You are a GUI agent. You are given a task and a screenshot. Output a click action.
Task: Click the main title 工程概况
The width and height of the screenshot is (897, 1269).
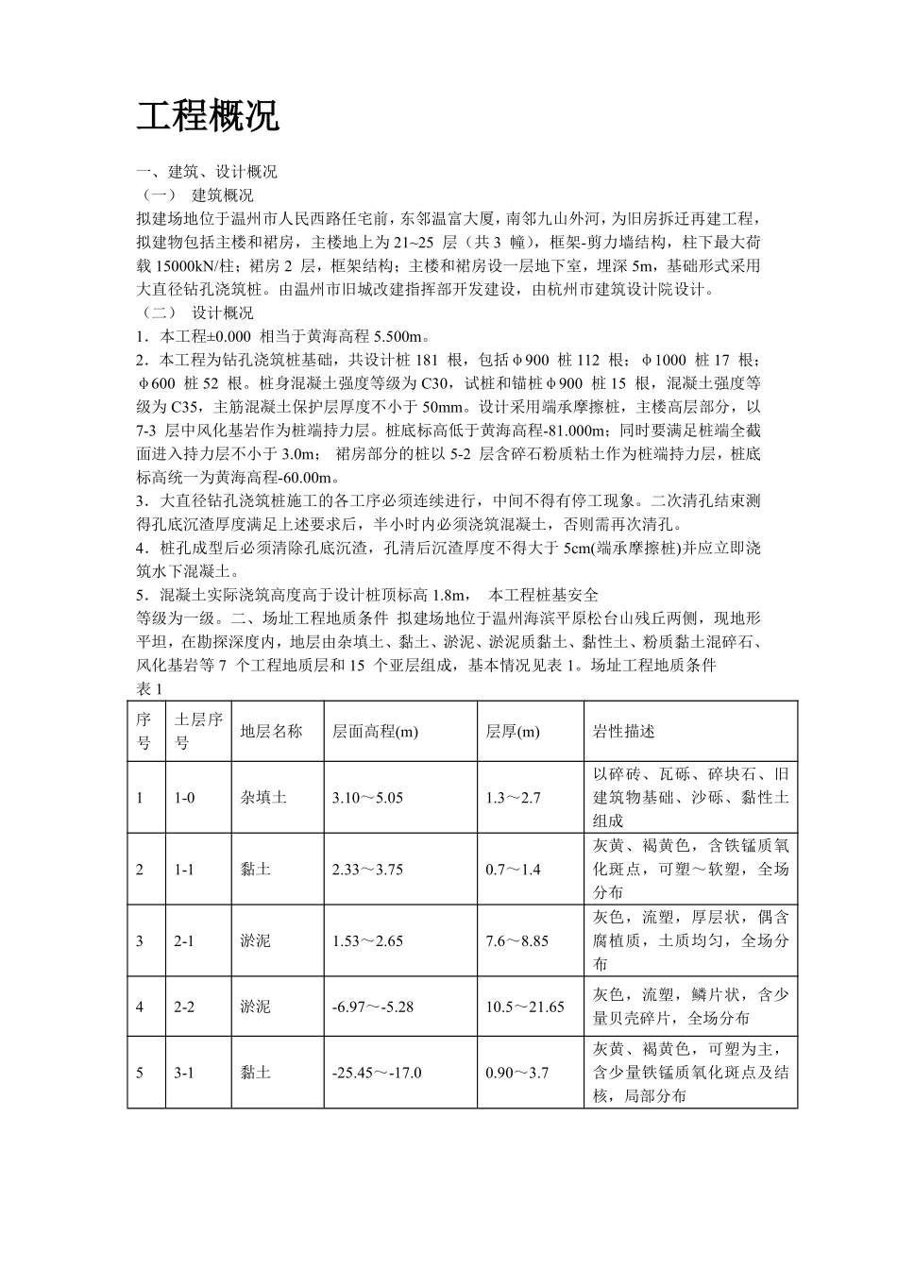click(x=208, y=117)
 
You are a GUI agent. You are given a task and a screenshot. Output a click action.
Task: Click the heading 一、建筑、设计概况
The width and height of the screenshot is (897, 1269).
click(x=207, y=172)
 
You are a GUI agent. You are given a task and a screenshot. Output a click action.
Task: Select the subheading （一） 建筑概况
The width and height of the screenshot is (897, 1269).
click(x=195, y=195)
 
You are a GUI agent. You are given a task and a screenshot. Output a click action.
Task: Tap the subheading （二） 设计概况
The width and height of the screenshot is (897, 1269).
click(x=195, y=313)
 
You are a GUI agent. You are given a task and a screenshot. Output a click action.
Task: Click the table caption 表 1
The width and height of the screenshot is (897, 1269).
click(x=150, y=688)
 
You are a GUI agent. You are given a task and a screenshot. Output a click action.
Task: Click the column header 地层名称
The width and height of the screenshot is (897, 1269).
click(x=271, y=731)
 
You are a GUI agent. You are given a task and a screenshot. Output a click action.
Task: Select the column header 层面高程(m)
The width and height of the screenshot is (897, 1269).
click(x=375, y=731)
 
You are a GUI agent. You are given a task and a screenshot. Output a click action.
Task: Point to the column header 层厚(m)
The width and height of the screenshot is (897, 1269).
click(x=513, y=731)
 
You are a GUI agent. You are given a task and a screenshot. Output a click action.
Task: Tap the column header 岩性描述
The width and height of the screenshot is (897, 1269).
click(x=623, y=731)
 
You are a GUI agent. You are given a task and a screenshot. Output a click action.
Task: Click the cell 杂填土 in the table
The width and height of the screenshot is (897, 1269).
click(x=263, y=798)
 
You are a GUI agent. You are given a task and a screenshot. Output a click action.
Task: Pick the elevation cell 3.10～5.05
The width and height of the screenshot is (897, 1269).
click(x=367, y=798)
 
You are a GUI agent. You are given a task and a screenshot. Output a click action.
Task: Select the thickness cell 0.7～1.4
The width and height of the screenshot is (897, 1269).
click(x=513, y=870)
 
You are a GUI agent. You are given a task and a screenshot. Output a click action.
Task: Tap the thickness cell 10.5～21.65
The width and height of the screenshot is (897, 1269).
click(x=525, y=1007)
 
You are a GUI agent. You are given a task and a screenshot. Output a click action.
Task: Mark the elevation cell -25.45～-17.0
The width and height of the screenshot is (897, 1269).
click(x=377, y=1073)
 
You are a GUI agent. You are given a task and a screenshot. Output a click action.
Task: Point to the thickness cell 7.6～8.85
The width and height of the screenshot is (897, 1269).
click(x=516, y=940)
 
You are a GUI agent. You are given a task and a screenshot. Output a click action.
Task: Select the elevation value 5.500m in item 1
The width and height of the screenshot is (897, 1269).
click(x=401, y=337)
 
